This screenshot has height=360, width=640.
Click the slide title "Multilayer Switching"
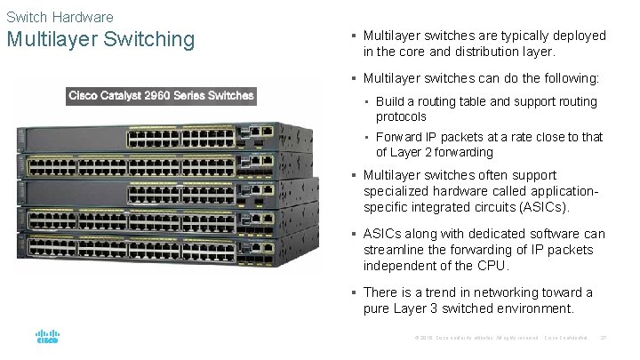coord(100,40)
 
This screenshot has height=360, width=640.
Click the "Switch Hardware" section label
coord(60,17)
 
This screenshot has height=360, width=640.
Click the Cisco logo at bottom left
coord(47,338)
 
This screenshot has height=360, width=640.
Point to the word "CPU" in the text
coord(491,266)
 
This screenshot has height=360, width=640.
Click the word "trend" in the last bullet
coord(444,292)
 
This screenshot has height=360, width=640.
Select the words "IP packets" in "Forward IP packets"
coord(453,137)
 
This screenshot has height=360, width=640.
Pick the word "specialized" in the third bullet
coord(399,191)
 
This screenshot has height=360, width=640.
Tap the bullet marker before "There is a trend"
coord(354,292)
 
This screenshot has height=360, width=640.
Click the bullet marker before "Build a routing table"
coord(367,102)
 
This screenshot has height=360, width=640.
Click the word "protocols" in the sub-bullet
coord(401,117)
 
